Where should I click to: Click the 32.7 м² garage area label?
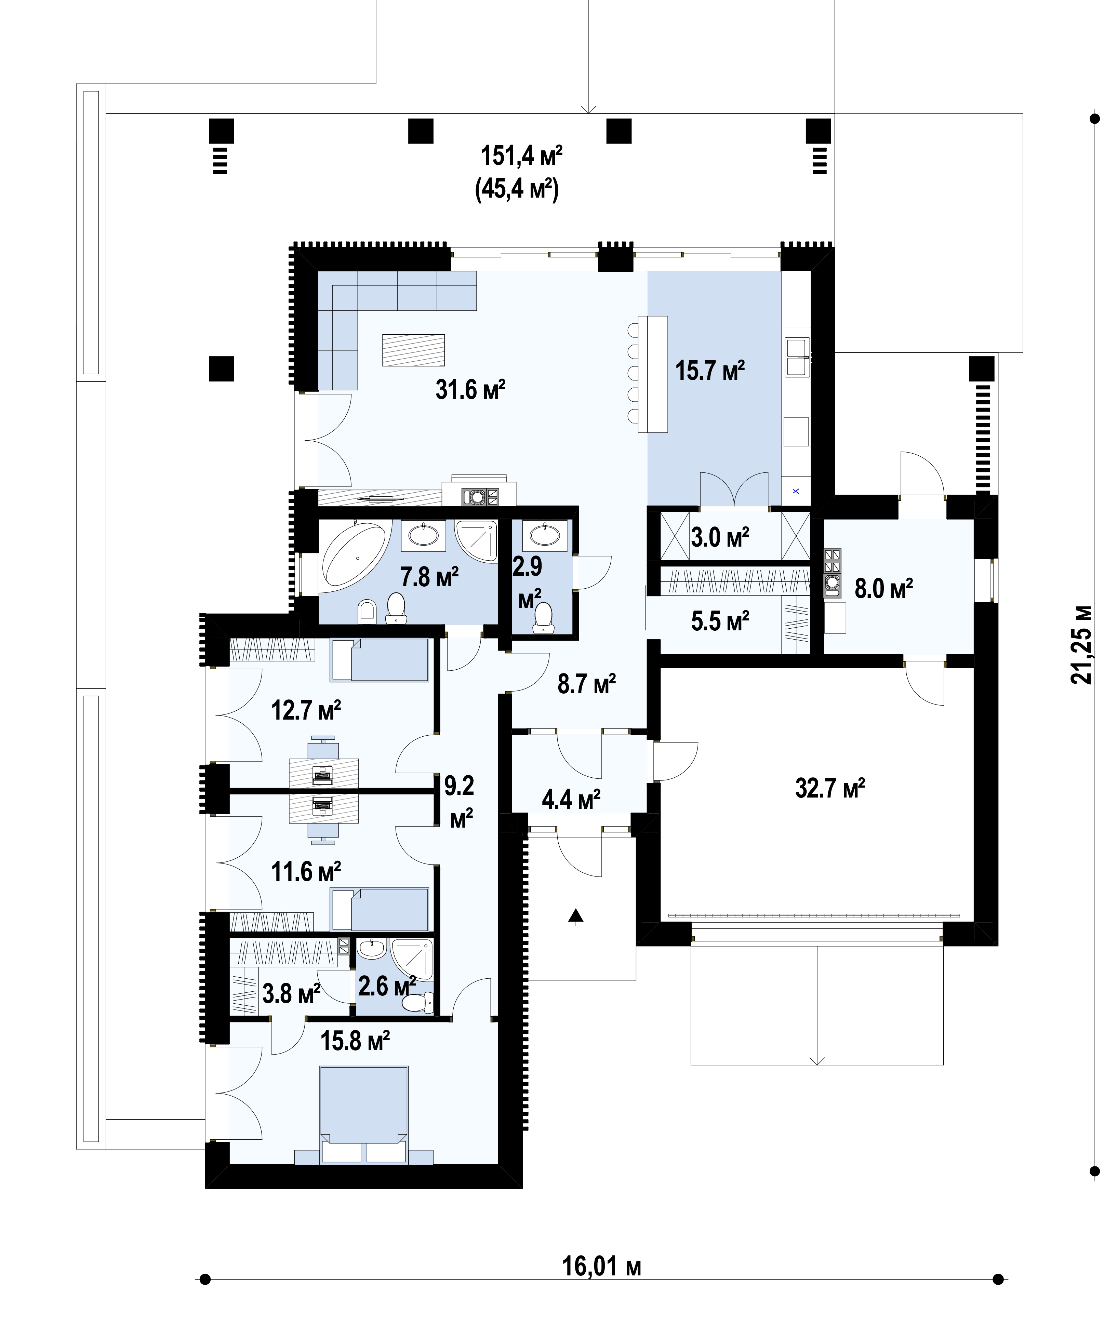click(830, 788)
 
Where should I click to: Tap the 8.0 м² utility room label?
click(883, 589)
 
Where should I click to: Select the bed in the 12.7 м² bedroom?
click(380, 660)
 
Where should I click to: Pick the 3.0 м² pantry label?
click(720, 537)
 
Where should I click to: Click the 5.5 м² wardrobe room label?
click(720, 620)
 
